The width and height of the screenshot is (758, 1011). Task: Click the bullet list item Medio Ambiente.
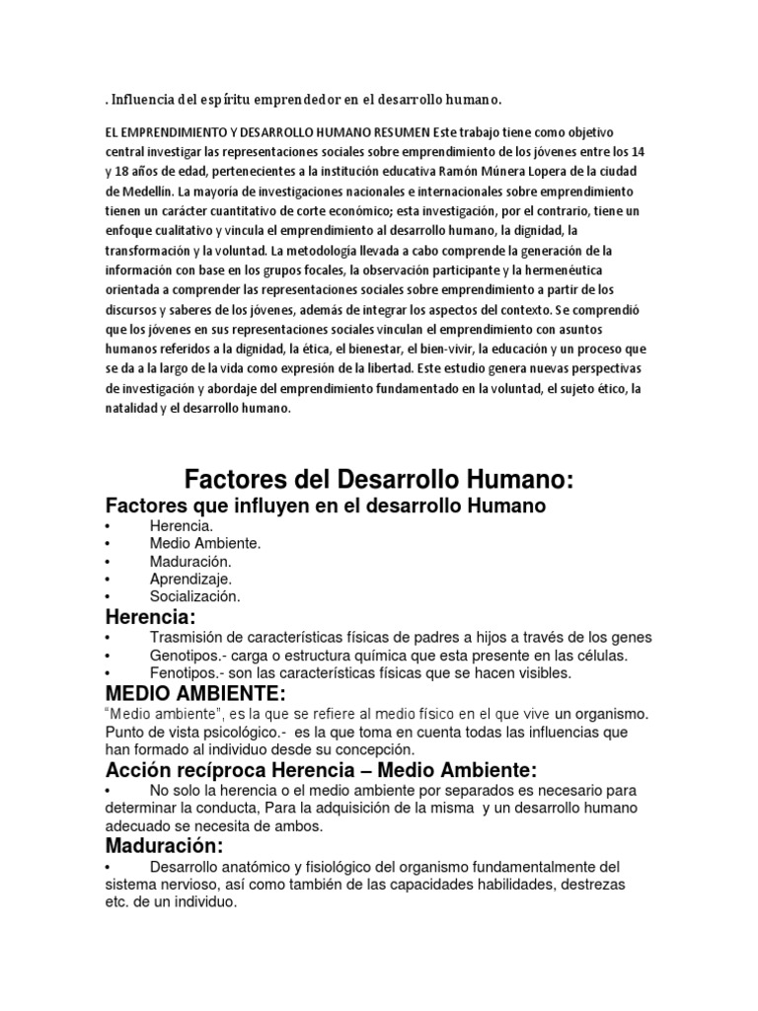point(205,543)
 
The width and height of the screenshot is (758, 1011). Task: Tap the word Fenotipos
point(185,673)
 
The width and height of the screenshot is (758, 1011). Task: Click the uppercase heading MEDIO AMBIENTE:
point(196,694)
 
